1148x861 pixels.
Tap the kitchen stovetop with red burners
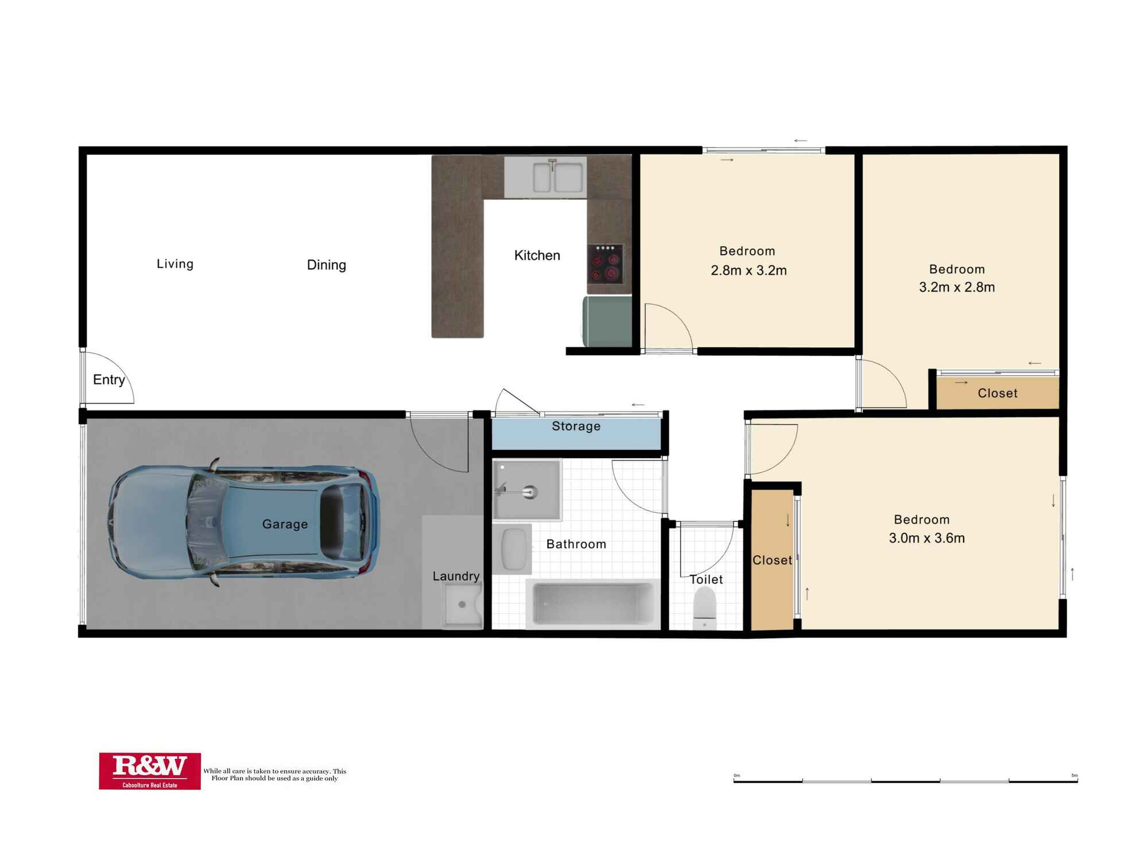click(605, 265)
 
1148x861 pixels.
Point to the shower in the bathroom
click(527, 490)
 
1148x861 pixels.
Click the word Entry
click(109, 379)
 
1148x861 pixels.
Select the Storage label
click(576, 426)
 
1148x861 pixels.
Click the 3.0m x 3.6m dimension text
click(927, 538)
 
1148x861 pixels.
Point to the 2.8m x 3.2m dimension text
click(748, 270)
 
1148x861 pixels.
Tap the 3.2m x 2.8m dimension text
click(957, 287)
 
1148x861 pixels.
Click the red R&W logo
click(150, 771)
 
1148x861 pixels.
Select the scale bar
click(906, 780)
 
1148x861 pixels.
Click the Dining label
click(327, 265)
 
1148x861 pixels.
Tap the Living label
click(175, 263)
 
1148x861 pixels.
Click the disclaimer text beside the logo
click(275, 774)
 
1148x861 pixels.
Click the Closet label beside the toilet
click(772, 560)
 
